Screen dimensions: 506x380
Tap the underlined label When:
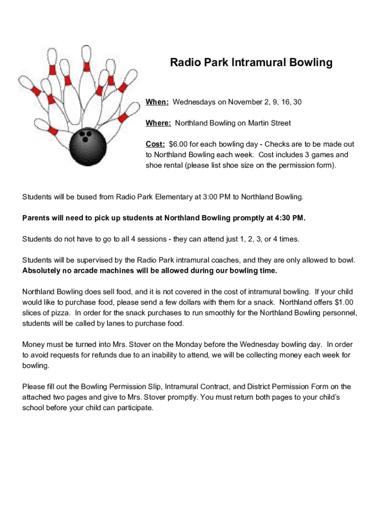(157, 102)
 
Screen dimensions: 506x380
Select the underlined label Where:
(158, 123)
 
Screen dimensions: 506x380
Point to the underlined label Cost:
(155, 144)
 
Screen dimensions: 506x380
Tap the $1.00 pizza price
(344, 302)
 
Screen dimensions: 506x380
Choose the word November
(241, 102)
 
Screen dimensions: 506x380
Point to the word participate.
(134, 408)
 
